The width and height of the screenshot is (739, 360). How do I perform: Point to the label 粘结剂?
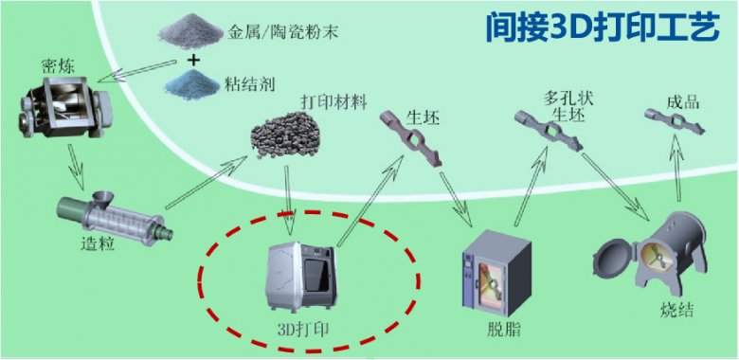point(252,84)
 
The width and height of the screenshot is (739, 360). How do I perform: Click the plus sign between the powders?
point(194,59)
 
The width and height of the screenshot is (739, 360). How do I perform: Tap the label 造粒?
point(101,244)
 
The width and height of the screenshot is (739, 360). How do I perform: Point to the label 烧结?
point(676,311)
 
